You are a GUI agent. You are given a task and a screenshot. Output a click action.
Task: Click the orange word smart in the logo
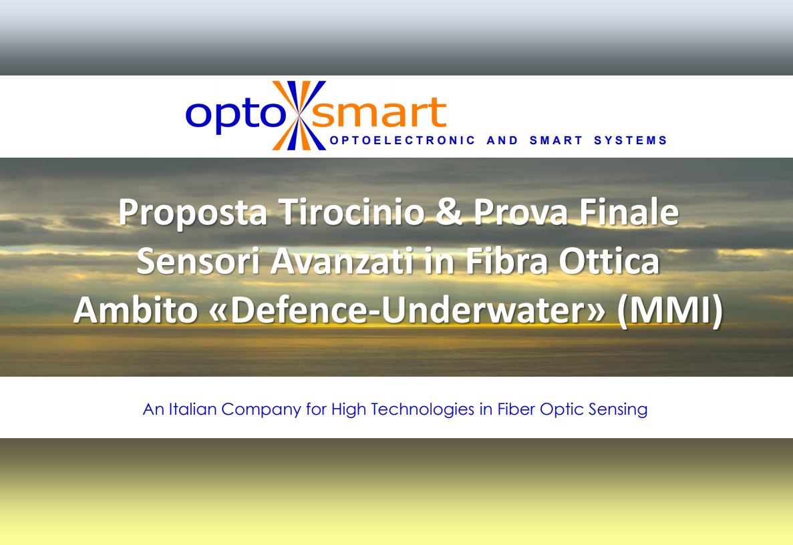378,114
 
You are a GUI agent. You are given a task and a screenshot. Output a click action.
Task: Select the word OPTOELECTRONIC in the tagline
403,140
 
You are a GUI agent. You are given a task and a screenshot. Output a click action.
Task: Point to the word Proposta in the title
193,212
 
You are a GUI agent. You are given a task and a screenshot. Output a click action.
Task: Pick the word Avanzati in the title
338,262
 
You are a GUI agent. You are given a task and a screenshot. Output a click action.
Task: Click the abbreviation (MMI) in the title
669,312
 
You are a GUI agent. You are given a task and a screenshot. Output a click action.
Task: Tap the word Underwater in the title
491,312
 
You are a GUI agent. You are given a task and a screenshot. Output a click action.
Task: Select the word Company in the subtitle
261,409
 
